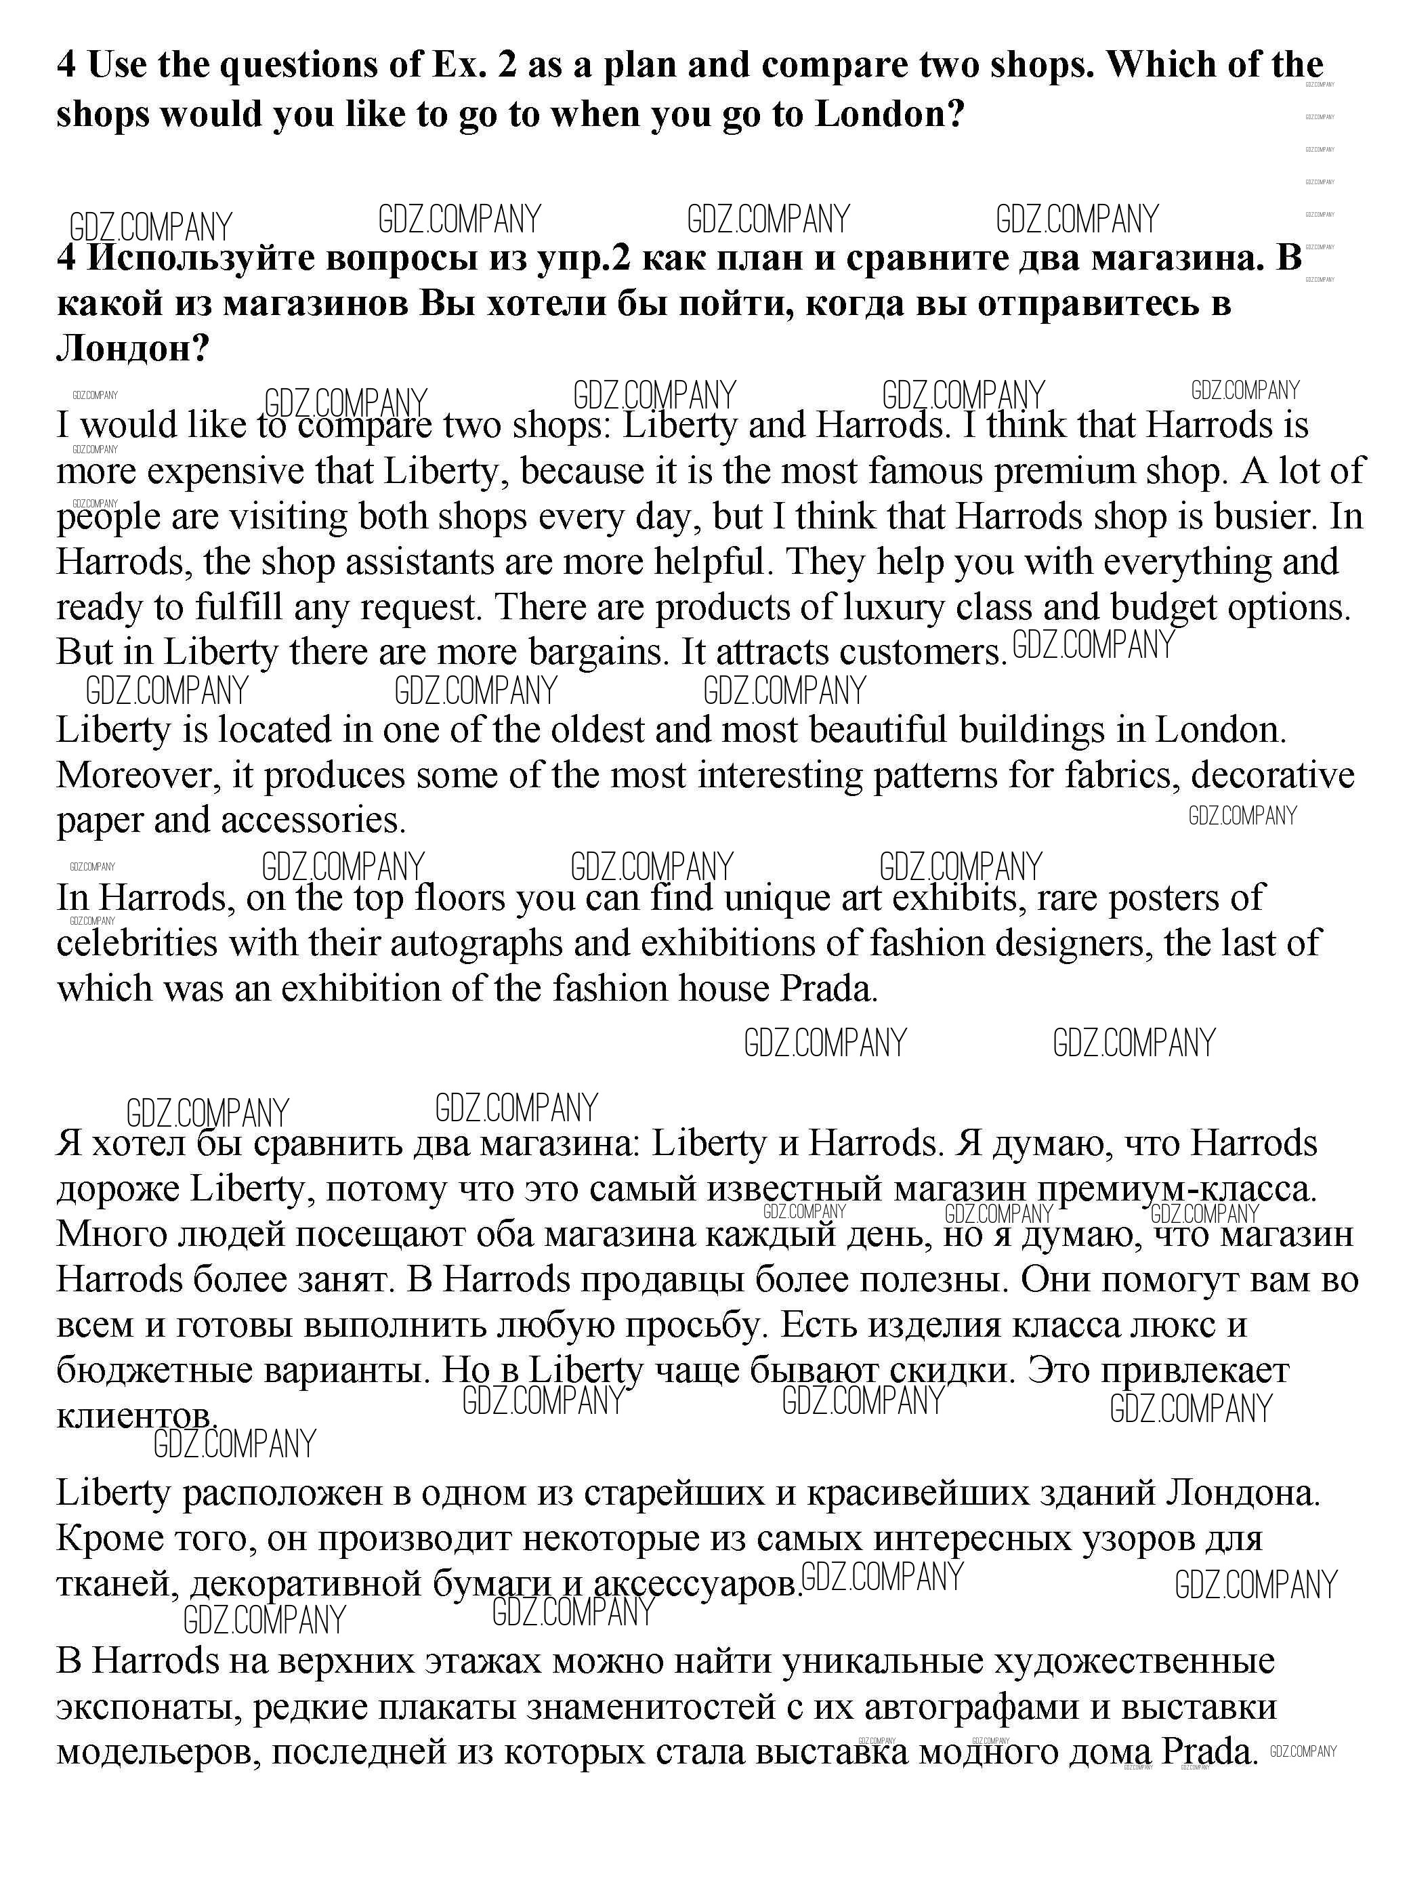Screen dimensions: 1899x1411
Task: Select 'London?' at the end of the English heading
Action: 890,114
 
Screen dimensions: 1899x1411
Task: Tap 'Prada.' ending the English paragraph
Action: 828,988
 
